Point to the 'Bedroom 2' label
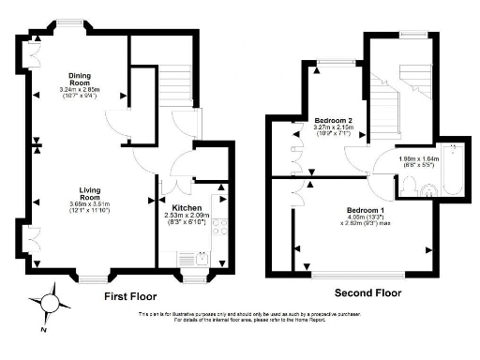(x=333, y=121)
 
